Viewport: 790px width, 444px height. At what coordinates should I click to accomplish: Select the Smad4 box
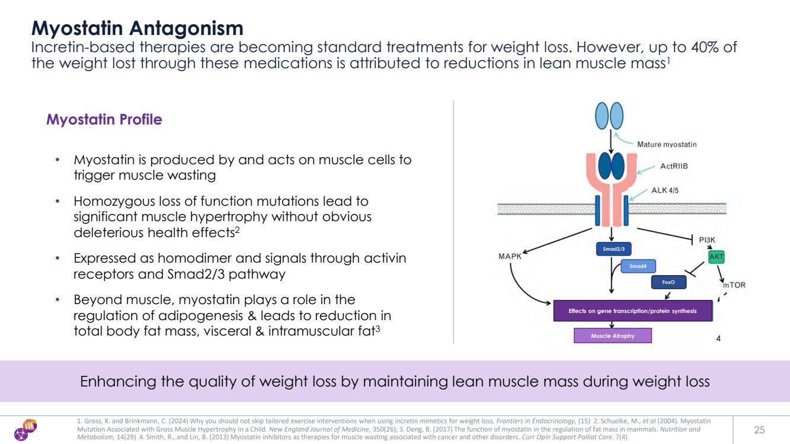coord(638,267)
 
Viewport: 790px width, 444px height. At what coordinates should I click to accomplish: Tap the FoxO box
coord(669,282)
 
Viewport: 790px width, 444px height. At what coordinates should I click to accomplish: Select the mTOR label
coord(734,285)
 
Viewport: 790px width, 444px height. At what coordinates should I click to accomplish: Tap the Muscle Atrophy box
coord(612,336)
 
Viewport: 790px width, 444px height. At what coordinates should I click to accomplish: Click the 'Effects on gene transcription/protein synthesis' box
coord(632,311)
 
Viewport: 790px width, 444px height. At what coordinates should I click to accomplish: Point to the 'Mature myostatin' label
coord(667,144)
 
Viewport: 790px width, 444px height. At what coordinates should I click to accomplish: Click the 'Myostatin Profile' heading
coord(104,120)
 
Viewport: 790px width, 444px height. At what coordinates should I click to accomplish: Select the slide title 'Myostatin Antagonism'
coord(137,27)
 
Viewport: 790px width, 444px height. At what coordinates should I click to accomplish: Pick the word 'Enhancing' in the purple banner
coord(115,382)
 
